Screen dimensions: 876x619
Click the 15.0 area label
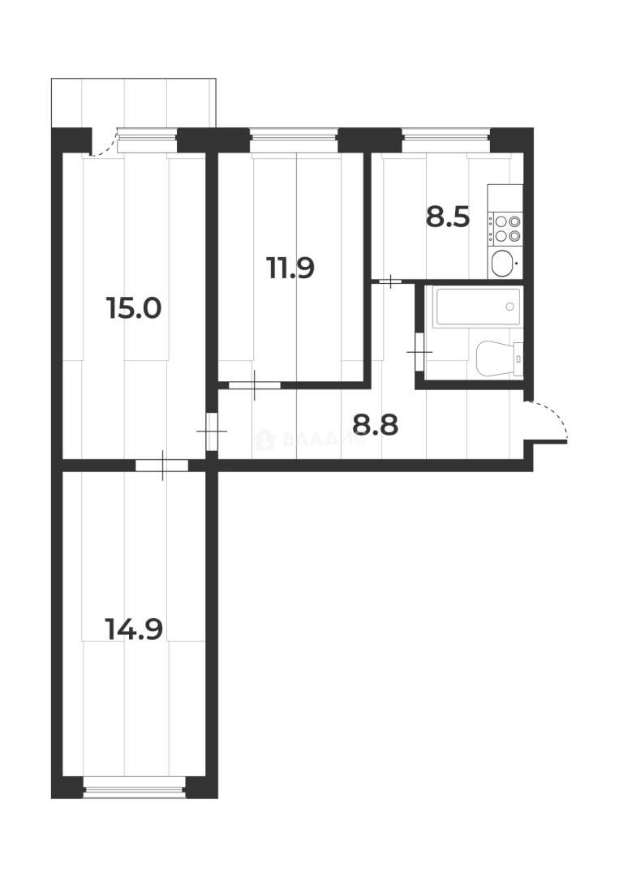135,308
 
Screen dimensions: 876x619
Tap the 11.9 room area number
290,267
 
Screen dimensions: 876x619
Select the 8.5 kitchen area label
448,217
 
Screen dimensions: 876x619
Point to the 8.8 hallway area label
375,424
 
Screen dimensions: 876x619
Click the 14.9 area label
135,627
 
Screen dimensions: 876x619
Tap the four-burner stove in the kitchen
506,228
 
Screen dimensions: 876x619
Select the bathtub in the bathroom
475,307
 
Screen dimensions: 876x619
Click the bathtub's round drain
509,307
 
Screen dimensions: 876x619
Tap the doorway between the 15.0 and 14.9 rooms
162,466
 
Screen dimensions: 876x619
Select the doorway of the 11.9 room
254,384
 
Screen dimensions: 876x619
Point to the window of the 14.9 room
135,786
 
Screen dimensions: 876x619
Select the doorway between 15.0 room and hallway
212,431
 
